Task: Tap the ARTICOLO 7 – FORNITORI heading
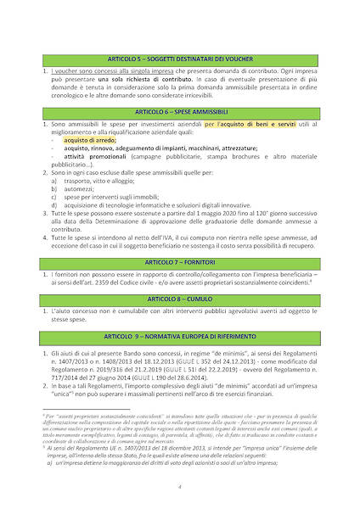[x=180, y=260]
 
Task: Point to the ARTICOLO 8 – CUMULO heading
[x=180, y=299]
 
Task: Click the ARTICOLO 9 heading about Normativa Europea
[x=180, y=337]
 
